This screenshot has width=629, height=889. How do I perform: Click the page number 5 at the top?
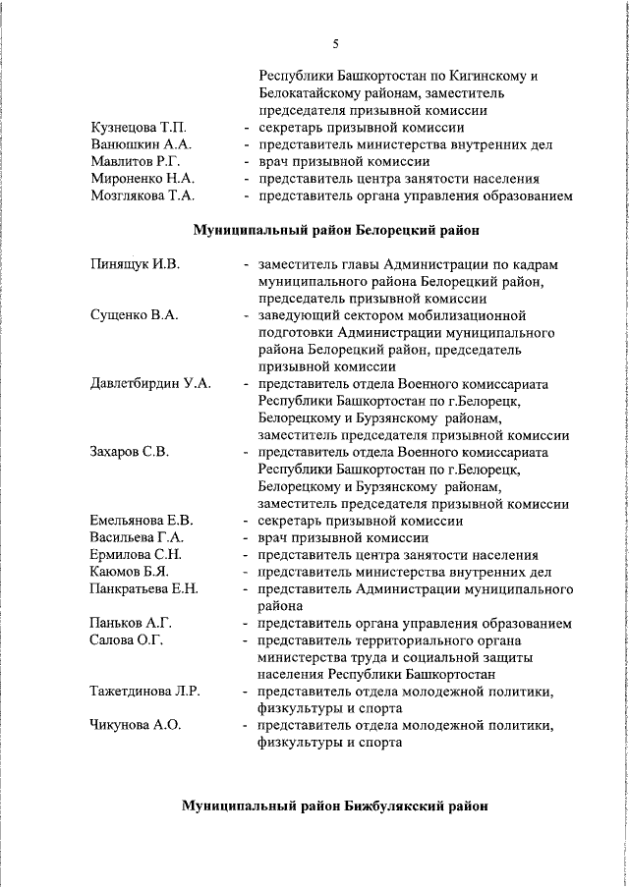[335, 43]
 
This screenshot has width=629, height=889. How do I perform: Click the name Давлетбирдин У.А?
[150, 384]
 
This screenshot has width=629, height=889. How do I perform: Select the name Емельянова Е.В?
[142, 521]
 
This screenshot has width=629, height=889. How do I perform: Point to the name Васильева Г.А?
[137, 537]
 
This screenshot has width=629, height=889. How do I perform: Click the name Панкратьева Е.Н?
[144, 589]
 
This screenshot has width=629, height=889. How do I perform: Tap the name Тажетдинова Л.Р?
[145, 692]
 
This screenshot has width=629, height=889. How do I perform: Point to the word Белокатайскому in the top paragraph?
[314, 92]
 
